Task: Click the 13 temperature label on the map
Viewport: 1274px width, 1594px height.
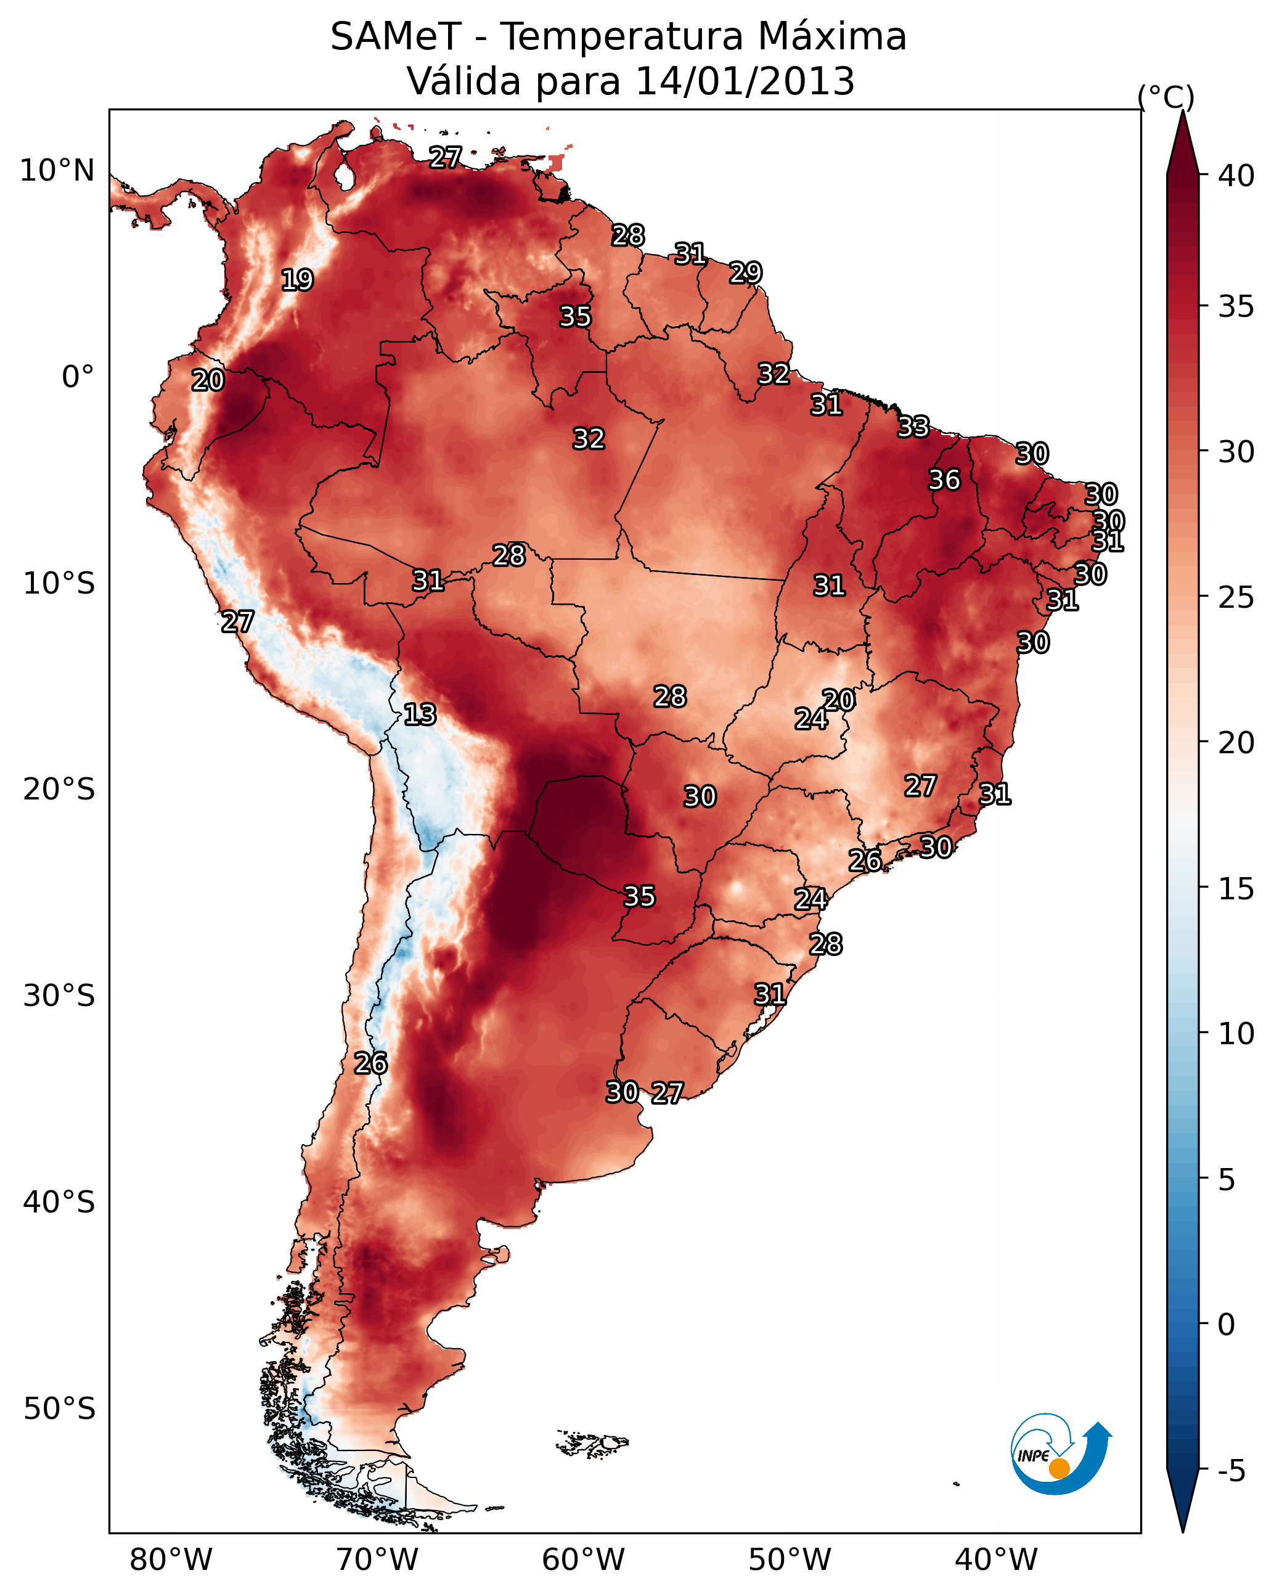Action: click(x=420, y=715)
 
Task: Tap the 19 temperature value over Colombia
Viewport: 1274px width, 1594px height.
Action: click(x=297, y=280)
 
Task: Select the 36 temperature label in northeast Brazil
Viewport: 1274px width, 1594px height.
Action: click(x=944, y=480)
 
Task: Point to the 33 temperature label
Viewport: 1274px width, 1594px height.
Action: click(x=913, y=427)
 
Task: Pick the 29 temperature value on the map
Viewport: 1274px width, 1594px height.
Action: click(x=745, y=273)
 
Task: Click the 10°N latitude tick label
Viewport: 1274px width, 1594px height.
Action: click(x=57, y=171)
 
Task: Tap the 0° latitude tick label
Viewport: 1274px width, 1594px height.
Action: click(x=78, y=377)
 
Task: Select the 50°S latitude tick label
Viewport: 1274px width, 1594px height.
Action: click(x=59, y=1409)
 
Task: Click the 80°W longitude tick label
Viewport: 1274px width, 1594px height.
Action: click(x=171, y=1560)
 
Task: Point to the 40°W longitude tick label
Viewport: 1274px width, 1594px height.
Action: click(x=996, y=1560)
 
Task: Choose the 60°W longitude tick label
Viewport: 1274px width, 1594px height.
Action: click(x=584, y=1560)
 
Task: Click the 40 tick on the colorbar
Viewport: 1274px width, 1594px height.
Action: click(x=1236, y=176)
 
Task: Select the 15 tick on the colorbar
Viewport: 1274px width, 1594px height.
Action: click(x=1236, y=889)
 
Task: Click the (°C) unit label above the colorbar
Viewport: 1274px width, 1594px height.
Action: click(x=1166, y=97)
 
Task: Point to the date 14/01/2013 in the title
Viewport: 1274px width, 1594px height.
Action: click(x=745, y=81)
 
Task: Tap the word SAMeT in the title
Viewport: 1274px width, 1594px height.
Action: click(x=396, y=36)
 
